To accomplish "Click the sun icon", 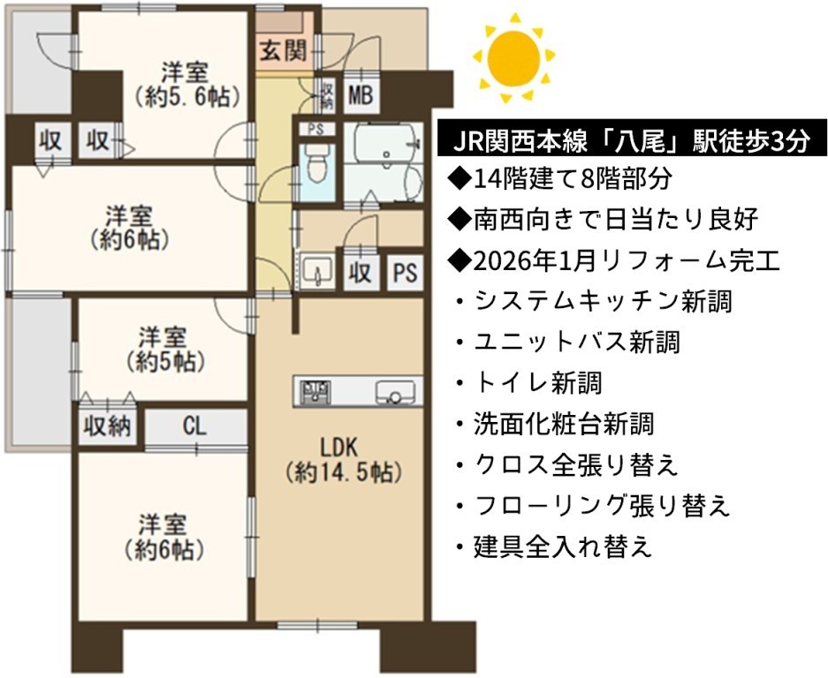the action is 513,57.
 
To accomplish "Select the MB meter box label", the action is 361,95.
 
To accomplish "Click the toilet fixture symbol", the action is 317,163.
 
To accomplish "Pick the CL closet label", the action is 195,426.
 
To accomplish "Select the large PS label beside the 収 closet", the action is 405,272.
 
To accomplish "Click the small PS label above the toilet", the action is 315,129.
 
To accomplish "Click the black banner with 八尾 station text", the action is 632,141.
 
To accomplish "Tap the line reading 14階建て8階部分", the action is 559,179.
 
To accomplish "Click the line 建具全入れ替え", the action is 554,546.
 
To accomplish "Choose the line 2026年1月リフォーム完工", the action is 613,260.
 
